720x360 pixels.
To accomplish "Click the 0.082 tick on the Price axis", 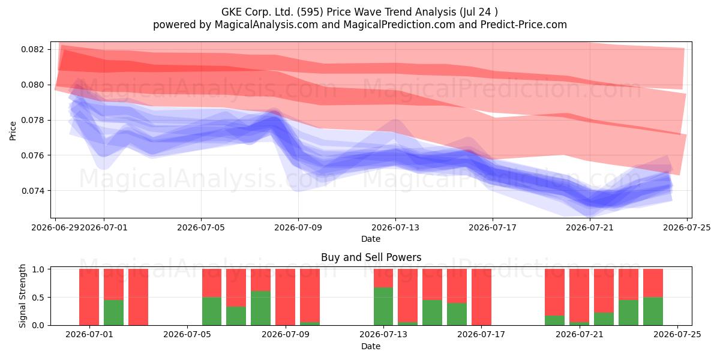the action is coord(32,49).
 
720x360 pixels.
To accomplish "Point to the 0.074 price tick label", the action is coord(32,191).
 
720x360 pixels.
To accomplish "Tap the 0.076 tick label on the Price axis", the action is coord(32,155).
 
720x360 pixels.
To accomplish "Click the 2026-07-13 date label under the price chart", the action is coord(395,227).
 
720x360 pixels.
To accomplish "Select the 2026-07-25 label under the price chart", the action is coord(687,227).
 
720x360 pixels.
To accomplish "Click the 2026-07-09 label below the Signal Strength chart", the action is coord(286,335).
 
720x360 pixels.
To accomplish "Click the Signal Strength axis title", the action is coord(22,296).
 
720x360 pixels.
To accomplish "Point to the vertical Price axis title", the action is coord(13,131).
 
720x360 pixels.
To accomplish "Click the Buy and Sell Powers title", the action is coord(371,257).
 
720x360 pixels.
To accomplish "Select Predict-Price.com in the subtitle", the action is coord(524,25).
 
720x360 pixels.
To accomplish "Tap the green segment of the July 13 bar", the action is coord(383,307).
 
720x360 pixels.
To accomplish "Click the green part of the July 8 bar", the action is coord(260,308).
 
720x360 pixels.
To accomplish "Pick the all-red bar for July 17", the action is coord(481,297).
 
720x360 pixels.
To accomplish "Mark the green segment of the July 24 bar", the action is coord(653,311).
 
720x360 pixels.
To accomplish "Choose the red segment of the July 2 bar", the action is coord(113,284).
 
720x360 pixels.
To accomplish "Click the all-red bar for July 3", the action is coord(138,297).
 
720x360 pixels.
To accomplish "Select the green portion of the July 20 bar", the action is coord(555,320).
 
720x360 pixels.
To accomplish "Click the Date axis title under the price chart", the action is coord(371,239).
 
